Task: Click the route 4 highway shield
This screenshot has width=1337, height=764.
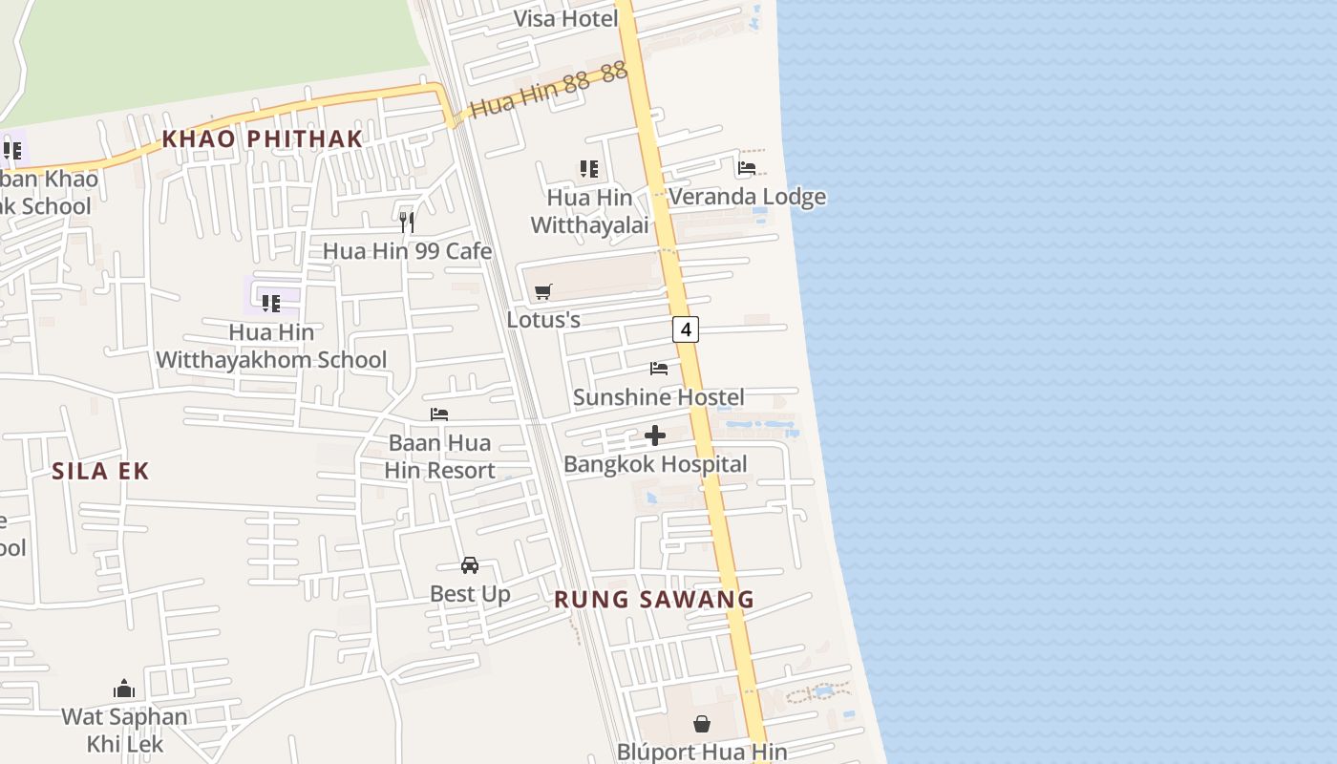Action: tap(685, 329)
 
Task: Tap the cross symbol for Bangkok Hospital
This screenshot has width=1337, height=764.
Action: tap(655, 435)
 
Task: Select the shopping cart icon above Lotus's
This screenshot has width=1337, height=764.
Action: tap(543, 291)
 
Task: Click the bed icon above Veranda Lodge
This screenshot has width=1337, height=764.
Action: tap(747, 168)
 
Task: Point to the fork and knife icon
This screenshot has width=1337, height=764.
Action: tap(407, 223)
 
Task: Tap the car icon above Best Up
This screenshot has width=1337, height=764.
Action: tap(470, 564)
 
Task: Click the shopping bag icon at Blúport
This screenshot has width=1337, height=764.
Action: tap(702, 724)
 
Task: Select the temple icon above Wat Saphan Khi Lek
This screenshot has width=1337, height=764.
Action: tap(124, 689)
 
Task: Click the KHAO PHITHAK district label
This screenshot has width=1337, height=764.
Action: tap(263, 138)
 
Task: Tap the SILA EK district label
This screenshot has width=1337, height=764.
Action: tap(101, 471)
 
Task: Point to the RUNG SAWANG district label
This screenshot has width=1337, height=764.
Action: tap(654, 600)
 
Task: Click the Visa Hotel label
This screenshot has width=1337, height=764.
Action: tap(565, 18)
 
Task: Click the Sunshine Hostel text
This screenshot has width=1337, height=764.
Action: tap(658, 396)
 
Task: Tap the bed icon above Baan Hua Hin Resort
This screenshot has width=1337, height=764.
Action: tap(439, 414)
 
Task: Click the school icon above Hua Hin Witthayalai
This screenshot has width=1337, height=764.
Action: tap(589, 169)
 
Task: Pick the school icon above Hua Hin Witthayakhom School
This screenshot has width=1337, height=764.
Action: tap(271, 304)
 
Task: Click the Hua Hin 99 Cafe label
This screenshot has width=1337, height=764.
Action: tap(407, 251)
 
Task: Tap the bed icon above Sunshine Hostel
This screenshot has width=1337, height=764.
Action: tap(659, 368)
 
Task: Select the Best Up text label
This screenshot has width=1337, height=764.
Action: tap(470, 593)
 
